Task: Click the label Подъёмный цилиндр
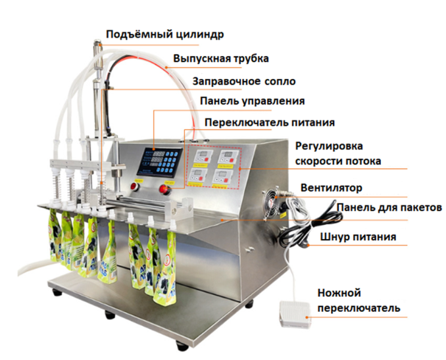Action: click(x=164, y=34)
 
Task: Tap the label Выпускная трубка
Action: click(x=221, y=59)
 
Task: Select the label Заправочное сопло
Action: click(x=244, y=82)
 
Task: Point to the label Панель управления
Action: click(x=253, y=101)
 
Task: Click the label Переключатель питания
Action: click(x=270, y=122)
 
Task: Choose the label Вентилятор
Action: click(x=331, y=188)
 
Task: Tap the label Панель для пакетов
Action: click(x=389, y=208)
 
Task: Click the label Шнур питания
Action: click(x=358, y=237)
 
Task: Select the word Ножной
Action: click(x=339, y=293)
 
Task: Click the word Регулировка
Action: click(x=329, y=146)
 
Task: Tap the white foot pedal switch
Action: click(x=295, y=315)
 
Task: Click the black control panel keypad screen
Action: click(x=159, y=161)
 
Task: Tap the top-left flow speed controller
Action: click(x=201, y=157)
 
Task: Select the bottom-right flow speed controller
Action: click(x=224, y=177)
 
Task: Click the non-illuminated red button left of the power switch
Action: click(x=134, y=187)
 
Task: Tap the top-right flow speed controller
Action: click(x=227, y=157)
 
